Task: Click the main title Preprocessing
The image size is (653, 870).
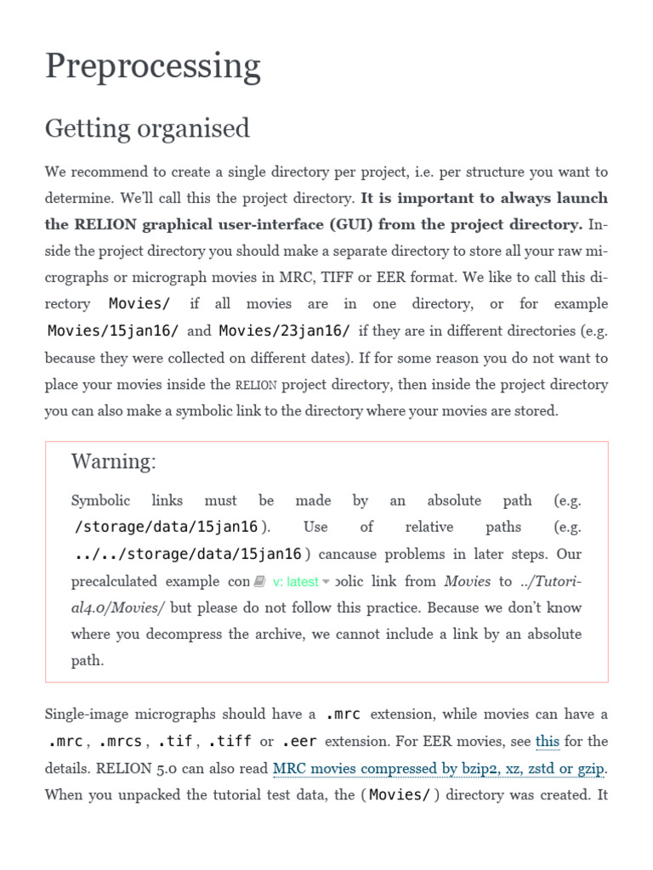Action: click(x=152, y=66)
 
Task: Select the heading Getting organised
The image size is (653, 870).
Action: click(x=147, y=128)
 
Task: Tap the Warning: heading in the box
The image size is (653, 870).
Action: click(x=113, y=461)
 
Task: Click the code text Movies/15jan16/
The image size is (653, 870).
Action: click(x=113, y=330)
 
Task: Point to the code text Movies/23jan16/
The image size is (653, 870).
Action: click(x=285, y=330)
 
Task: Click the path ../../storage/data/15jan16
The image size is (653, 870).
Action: click(x=188, y=554)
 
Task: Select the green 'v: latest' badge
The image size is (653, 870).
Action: click(x=295, y=582)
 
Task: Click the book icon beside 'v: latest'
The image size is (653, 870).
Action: click(x=259, y=582)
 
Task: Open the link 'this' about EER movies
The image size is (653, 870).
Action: click(x=547, y=741)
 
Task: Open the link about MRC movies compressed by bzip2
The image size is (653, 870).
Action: click(x=439, y=769)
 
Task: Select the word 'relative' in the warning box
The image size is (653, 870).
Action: click(x=429, y=527)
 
